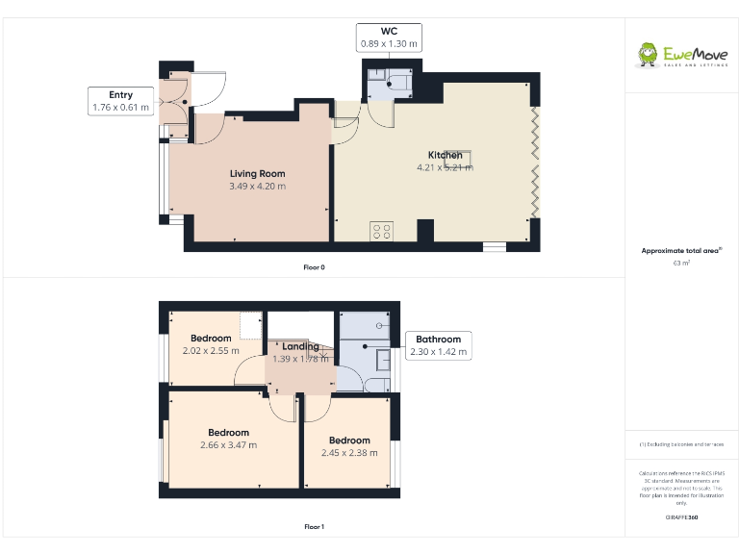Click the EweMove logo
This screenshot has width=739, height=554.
(x=681, y=56)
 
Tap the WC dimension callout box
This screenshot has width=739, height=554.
(x=389, y=38)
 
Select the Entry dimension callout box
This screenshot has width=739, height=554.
(x=120, y=101)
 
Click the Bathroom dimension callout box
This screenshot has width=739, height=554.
(x=438, y=345)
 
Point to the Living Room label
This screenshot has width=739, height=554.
(x=257, y=180)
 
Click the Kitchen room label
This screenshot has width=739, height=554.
(x=445, y=161)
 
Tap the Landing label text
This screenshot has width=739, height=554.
(x=300, y=352)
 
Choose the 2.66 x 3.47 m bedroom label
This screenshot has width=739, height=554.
(x=229, y=439)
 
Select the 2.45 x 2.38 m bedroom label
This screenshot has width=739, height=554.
(x=348, y=446)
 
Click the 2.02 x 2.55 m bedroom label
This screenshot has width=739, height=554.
(x=211, y=344)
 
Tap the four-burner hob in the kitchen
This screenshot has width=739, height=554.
(x=381, y=230)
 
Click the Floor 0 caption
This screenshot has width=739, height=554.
(x=314, y=267)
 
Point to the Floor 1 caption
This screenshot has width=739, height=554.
(x=314, y=527)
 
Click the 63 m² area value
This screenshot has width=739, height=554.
(x=681, y=262)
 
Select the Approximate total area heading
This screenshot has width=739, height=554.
(x=681, y=250)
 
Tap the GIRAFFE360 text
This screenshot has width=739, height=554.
(x=681, y=517)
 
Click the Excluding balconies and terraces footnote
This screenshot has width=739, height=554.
(x=681, y=444)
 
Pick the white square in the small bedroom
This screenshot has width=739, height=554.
(x=252, y=325)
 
